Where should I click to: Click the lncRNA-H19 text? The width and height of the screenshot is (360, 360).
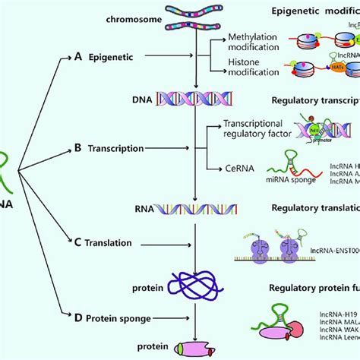(x=333, y=311)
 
